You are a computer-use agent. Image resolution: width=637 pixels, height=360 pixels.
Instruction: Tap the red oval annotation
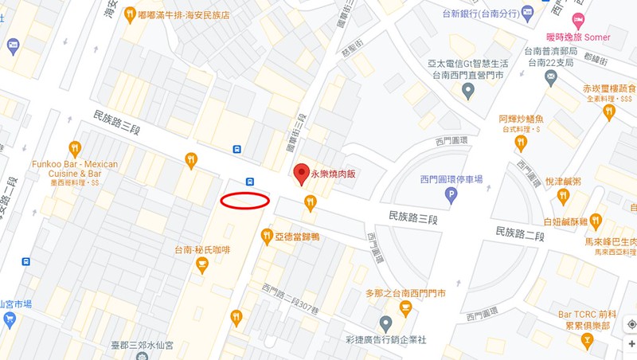(244, 201)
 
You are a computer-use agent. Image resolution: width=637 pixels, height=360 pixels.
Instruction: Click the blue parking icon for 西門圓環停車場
(451, 194)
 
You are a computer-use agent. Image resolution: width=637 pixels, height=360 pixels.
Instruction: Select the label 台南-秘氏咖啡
(202, 250)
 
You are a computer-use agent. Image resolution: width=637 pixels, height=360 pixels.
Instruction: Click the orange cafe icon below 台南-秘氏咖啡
(201, 265)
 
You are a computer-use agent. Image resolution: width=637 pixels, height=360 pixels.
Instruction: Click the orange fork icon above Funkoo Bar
(75, 147)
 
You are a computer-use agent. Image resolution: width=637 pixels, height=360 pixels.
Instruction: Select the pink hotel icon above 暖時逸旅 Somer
(578, 20)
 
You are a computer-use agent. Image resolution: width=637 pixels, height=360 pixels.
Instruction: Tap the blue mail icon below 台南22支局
(550, 77)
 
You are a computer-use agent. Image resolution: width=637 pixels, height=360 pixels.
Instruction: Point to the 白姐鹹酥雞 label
(565, 221)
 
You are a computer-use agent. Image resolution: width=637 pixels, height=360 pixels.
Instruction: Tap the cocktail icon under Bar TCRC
(588, 342)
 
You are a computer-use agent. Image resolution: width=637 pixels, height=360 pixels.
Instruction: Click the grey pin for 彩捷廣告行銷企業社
(386, 324)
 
